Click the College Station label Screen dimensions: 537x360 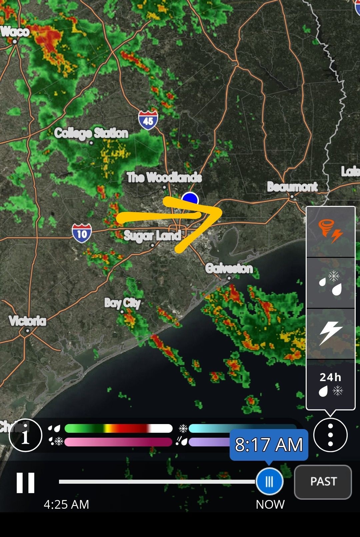[x=91, y=133]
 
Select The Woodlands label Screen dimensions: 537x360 [x=164, y=177]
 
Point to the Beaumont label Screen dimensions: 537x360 [x=292, y=187]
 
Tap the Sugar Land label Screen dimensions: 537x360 [x=152, y=236]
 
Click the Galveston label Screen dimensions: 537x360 [x=229, y=268]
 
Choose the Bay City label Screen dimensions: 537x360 [x=122, y=303]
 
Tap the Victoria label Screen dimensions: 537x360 [x=27, y=321]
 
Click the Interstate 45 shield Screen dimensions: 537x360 [x=148, y=120]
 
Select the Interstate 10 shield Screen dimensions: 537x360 [x=82, y=233]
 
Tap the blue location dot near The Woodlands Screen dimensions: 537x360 [x=190, y=199]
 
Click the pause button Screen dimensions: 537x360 [x=26, y=482]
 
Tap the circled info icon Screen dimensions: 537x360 [x=25, y=435]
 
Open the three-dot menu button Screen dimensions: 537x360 [x=330, y=435]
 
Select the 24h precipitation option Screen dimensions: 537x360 [x=330, y=384]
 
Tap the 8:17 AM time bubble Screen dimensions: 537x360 [x=269, y=445]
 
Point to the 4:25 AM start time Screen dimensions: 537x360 [x=66, y=504]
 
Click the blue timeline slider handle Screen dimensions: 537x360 [x=269, y=481]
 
